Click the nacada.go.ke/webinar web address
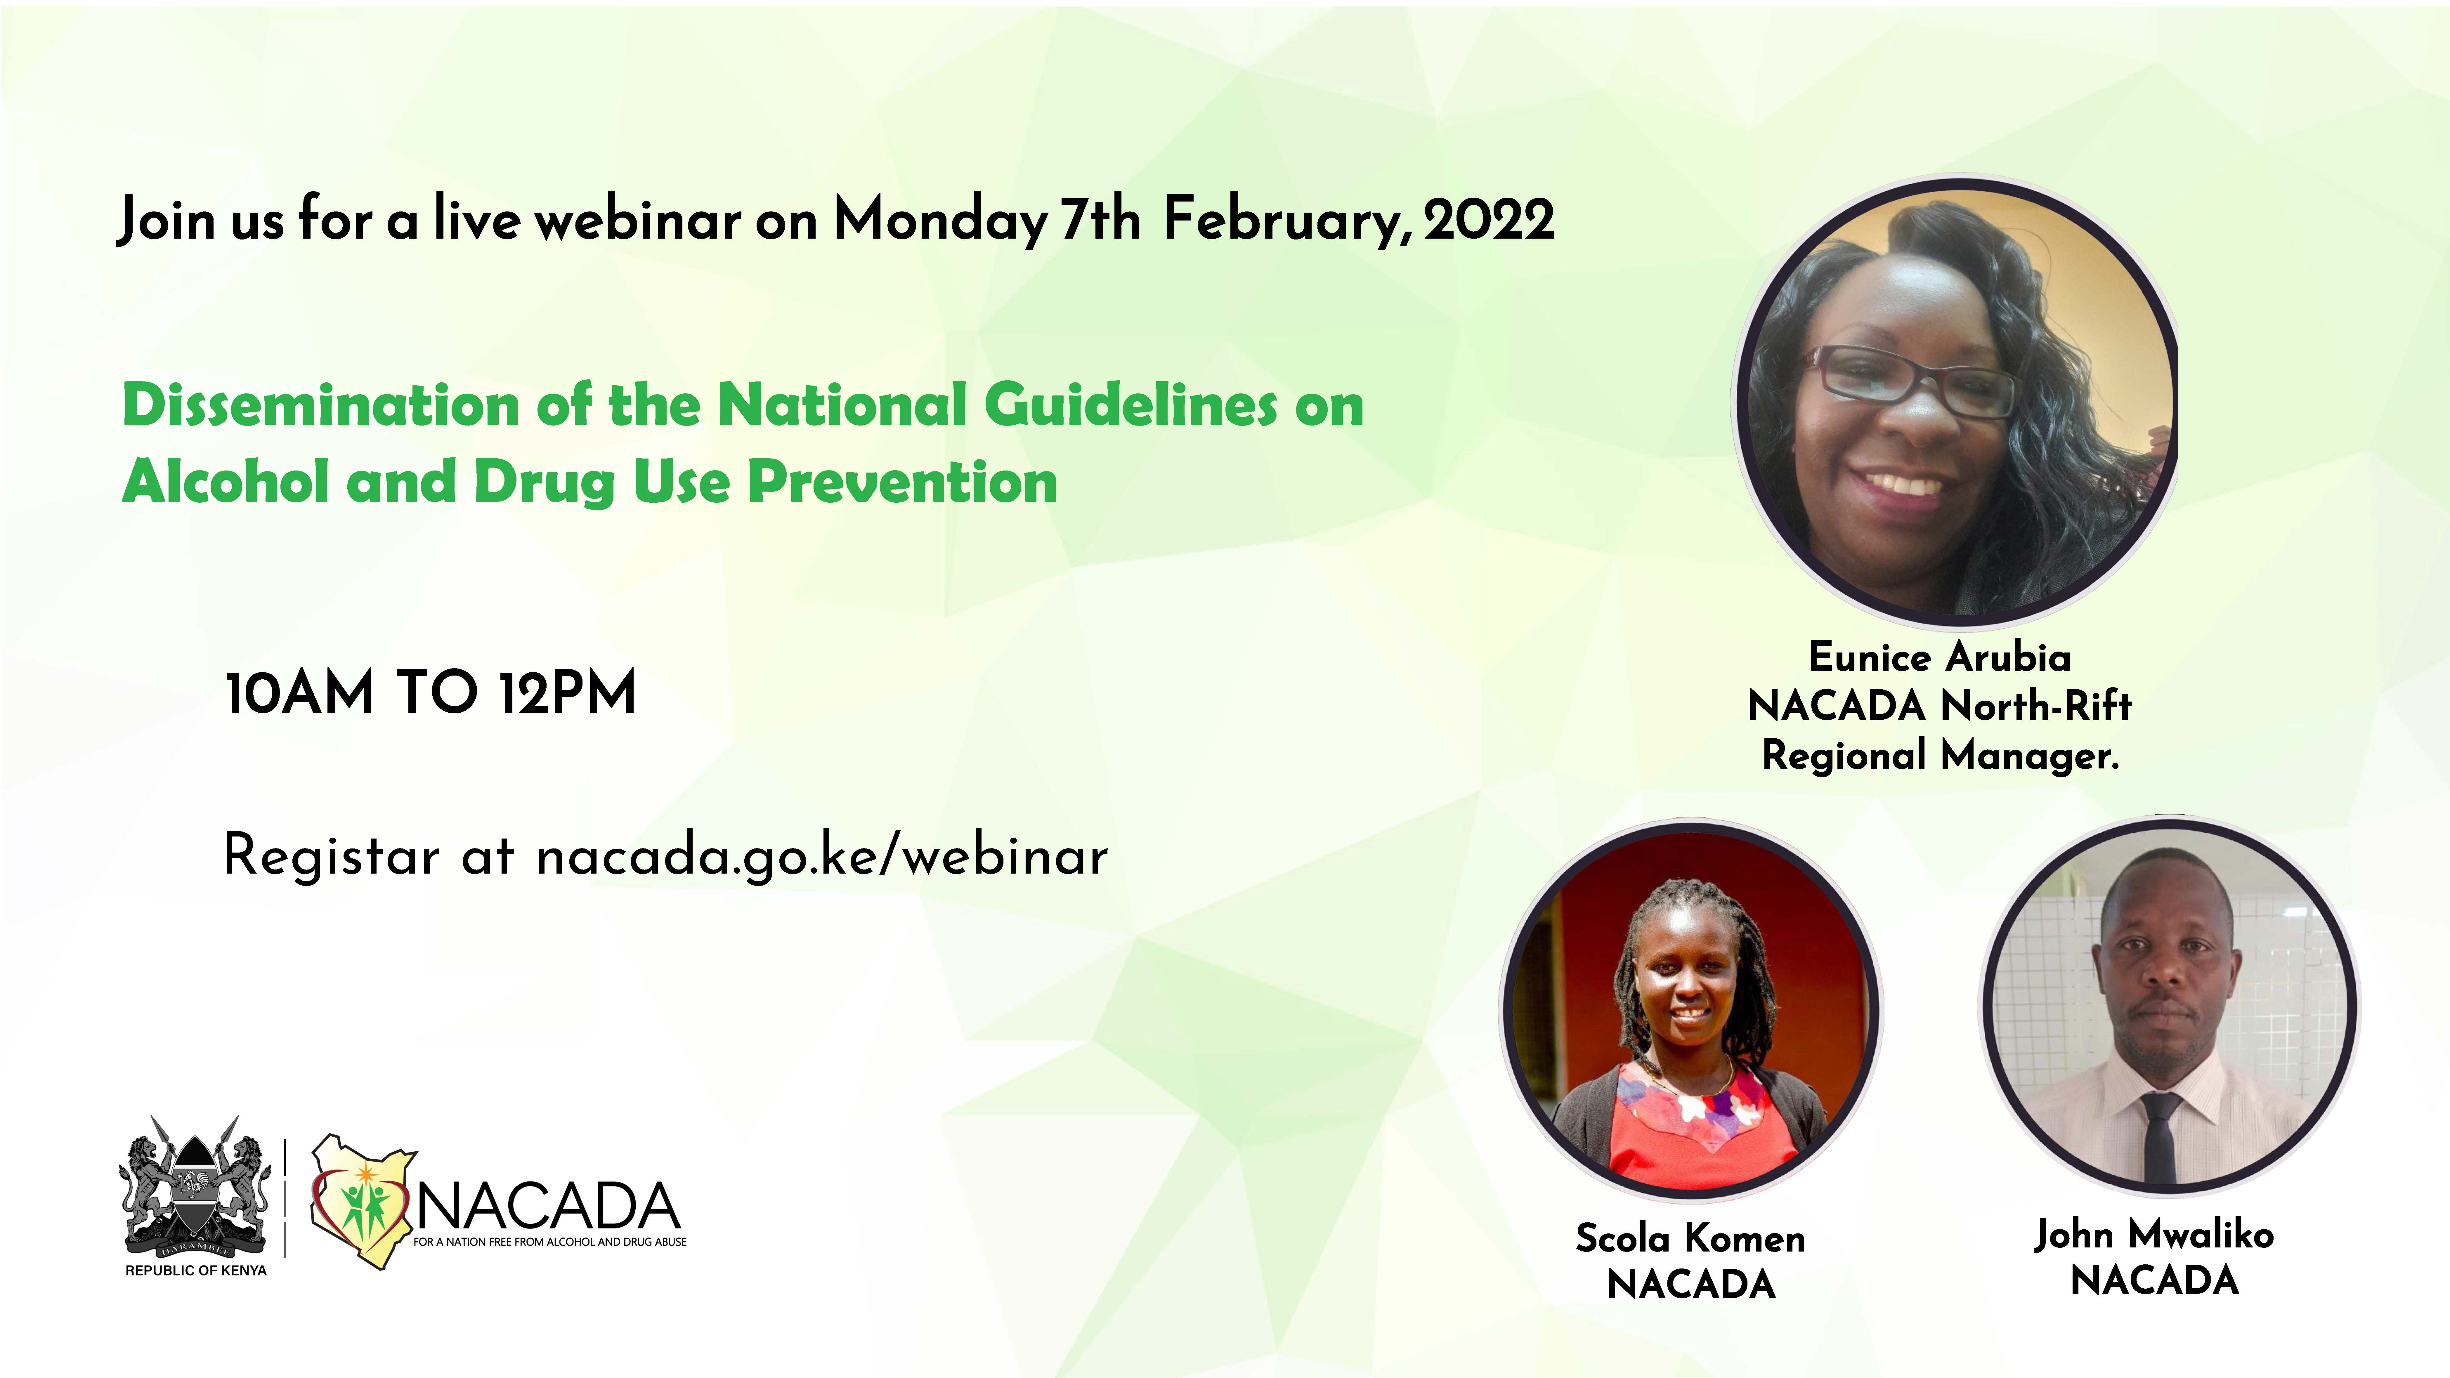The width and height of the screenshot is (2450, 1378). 822,856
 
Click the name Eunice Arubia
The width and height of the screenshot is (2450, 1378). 1939,657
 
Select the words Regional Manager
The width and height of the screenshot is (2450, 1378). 1940,756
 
